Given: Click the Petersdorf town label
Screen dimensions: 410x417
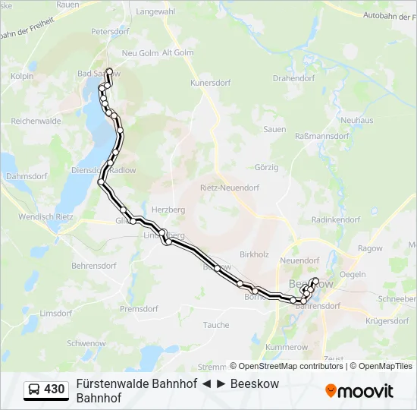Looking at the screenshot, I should coord(110,32).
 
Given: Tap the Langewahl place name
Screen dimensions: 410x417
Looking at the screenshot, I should coord(155,11).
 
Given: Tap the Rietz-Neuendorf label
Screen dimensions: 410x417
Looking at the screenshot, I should coord(229,188).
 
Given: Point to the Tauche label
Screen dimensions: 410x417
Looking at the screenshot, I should coord(216,325).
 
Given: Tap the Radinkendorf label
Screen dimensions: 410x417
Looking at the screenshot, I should coord(335,219).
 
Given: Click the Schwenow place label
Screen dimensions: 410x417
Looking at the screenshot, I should coord(86,343).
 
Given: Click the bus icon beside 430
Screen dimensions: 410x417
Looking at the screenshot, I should coord(34,390).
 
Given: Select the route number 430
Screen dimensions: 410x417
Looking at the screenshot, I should coord(54,389).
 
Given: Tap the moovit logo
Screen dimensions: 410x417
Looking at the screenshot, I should coord(359,391).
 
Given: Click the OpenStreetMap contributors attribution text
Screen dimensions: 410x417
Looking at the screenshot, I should coord(290,366).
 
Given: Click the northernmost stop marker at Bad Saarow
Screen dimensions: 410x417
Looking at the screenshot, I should coord(110,72).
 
